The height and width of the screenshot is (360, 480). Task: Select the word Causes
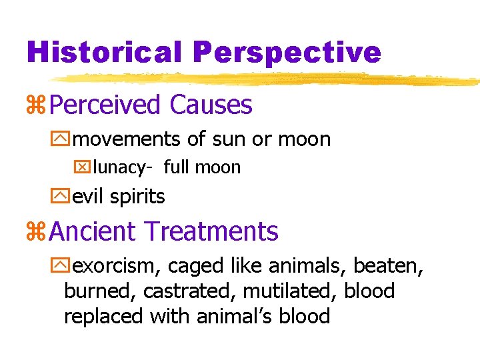coord(211,105)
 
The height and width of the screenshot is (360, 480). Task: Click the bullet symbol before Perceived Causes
coord(36,105)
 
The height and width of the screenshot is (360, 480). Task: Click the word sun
coord(225,140)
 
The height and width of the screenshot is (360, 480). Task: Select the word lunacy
coord(119,168)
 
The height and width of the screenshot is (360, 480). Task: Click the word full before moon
coord(176,167)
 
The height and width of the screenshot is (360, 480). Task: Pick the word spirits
coord(138,197)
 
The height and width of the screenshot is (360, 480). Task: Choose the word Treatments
coord(211,231)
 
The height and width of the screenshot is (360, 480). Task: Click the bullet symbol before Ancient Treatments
coord(36,232)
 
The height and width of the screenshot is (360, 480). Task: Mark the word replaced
coord(104,315)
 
